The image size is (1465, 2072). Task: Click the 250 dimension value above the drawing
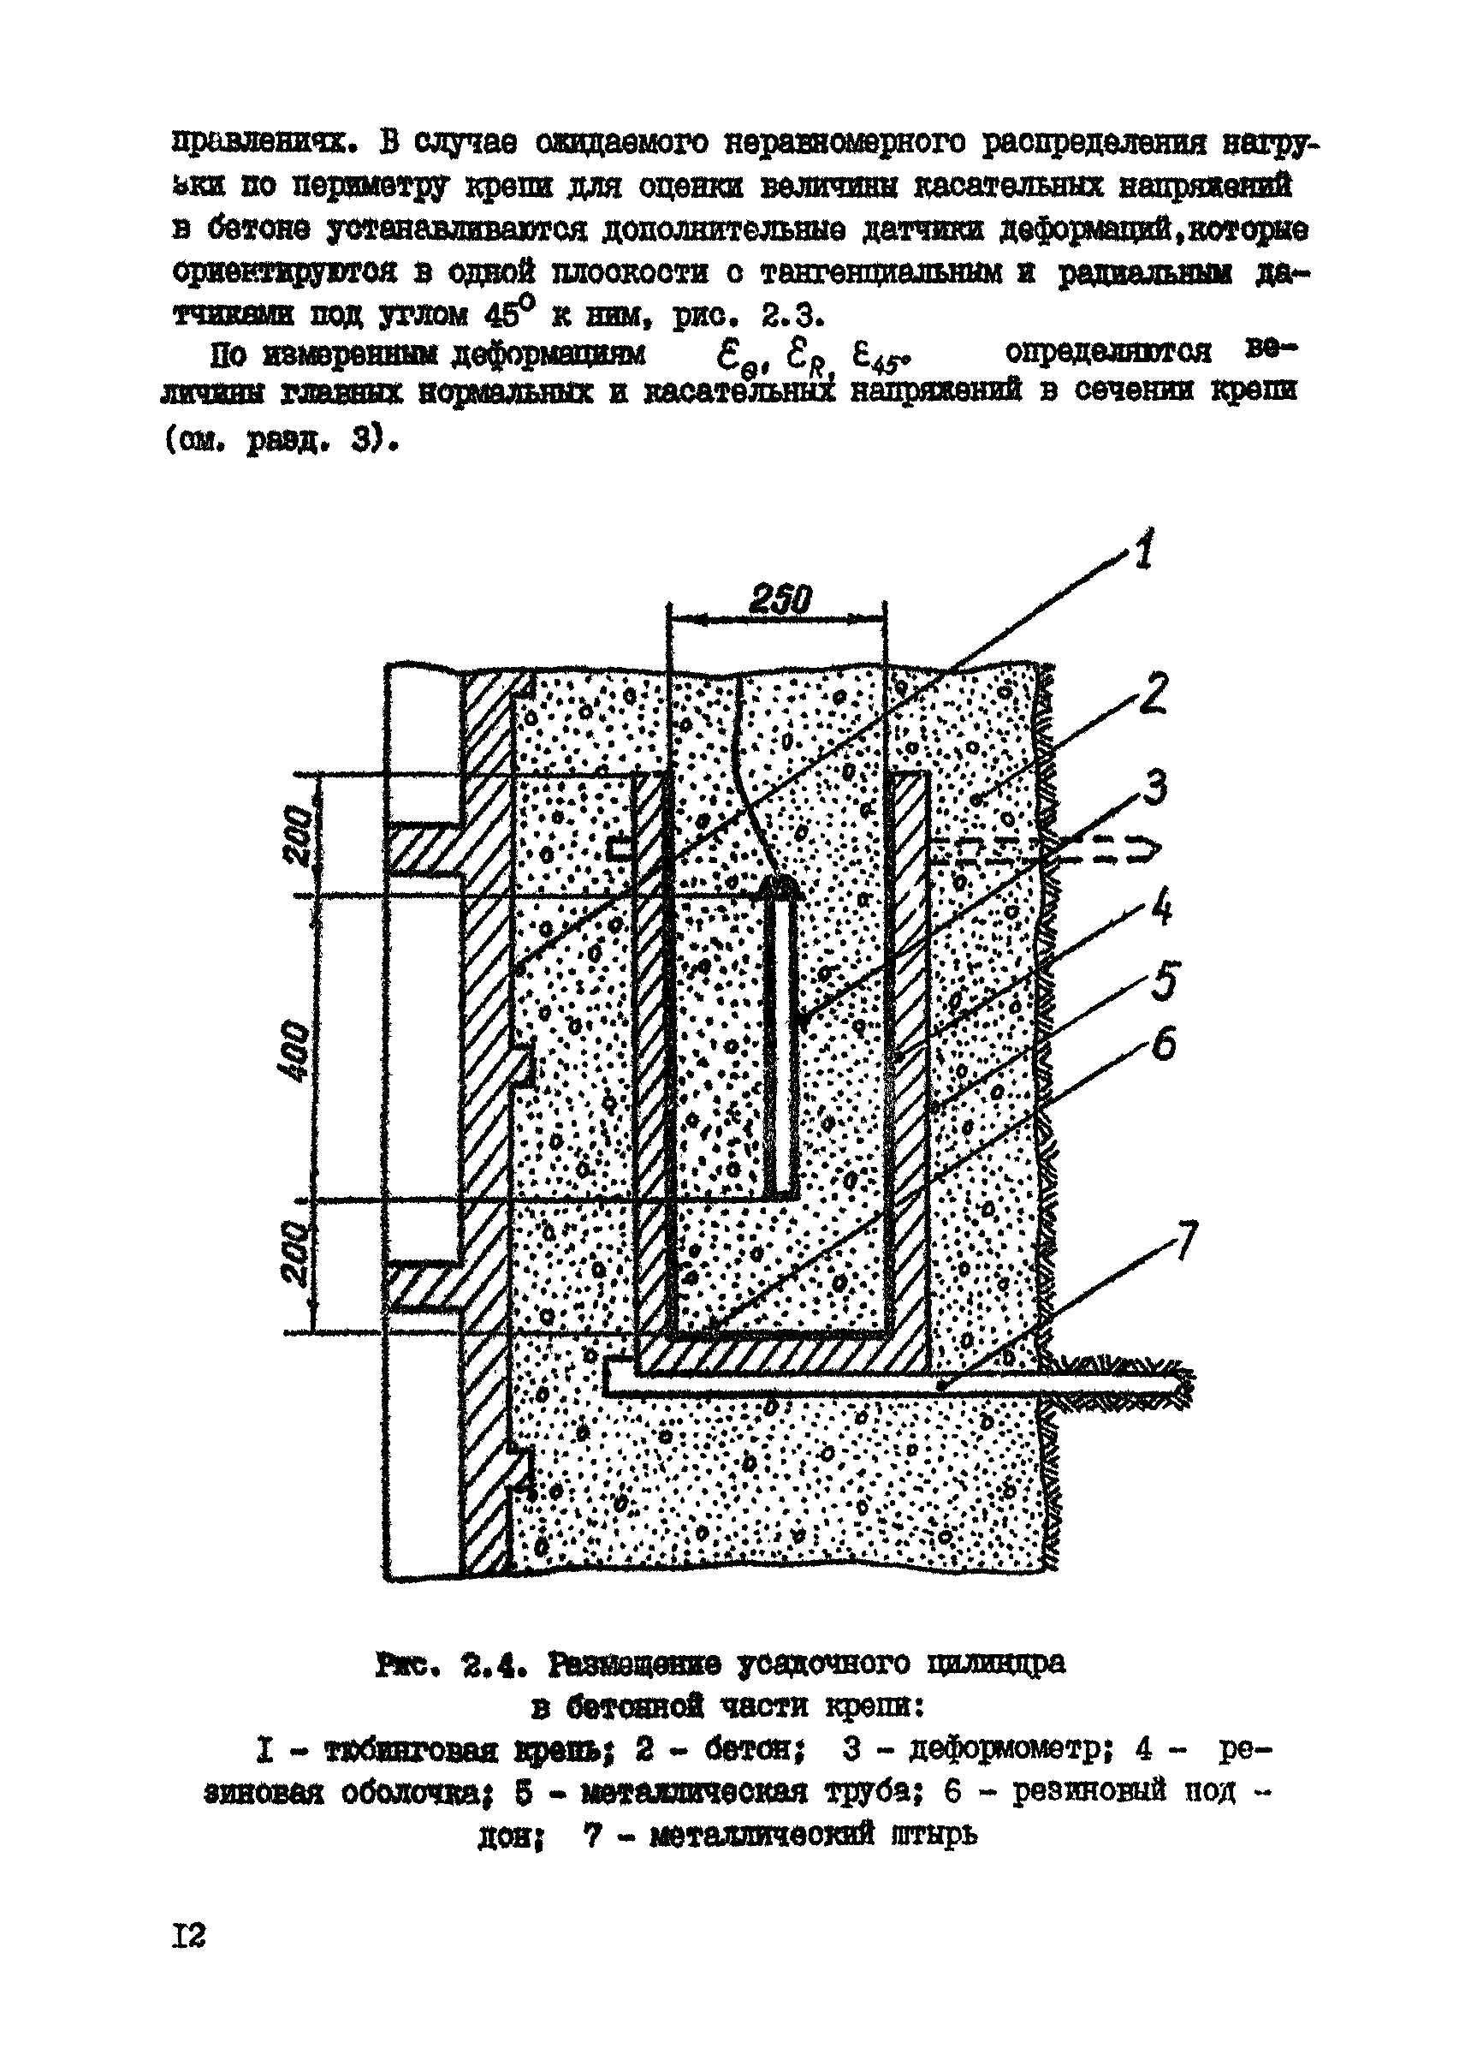(x=780, y=598)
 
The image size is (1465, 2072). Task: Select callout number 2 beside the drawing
(x=1153, y=693)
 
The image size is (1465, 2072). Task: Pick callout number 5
(x=1163, y=981)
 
